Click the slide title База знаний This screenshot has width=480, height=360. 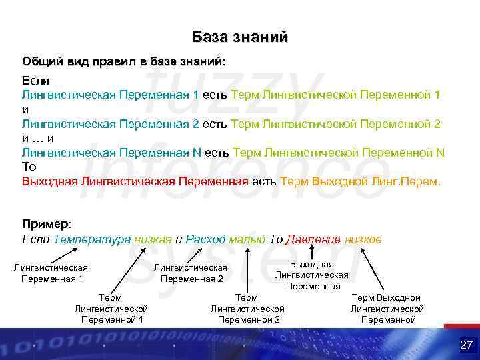(240, 37)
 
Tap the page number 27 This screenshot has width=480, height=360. (466, 345)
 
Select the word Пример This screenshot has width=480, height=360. (45, 223)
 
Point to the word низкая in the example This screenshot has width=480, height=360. (153, 239)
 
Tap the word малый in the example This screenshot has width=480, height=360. (247, 239)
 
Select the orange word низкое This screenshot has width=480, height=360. (363, 239)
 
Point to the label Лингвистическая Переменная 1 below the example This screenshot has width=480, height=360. (51, 273)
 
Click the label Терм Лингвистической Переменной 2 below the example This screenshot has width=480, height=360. (247, 309)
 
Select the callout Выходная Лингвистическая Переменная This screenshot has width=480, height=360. (312, 275)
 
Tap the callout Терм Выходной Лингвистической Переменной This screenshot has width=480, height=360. (387, 309)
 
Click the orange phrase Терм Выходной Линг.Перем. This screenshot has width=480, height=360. (361, 181)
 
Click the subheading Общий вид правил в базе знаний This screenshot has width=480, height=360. (123, 61)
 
